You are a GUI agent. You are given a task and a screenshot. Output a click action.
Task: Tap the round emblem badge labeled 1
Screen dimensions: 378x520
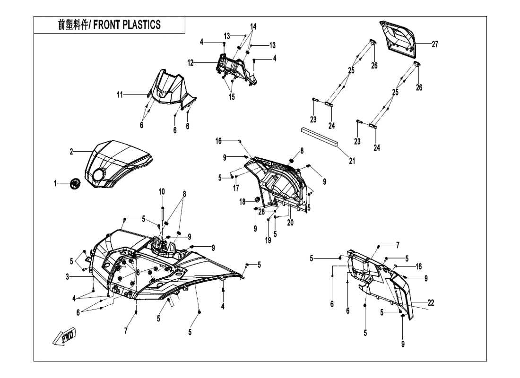(74, 183)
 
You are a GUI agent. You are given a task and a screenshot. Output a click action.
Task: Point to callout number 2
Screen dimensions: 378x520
(71, 152)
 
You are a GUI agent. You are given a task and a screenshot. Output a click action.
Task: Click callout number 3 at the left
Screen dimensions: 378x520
(68, 277)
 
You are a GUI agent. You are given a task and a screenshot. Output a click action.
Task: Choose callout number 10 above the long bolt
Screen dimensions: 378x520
(162, 192)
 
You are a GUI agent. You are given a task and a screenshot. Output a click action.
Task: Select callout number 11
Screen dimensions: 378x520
(121, 95)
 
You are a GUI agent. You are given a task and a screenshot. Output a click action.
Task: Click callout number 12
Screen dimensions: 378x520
(191, 63)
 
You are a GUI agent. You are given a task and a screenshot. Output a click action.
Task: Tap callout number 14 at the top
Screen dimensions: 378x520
(253, 26)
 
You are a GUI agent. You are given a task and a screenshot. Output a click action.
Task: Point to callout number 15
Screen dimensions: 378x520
(232, 97)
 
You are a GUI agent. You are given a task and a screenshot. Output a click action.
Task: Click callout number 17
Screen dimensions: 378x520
(235, 188)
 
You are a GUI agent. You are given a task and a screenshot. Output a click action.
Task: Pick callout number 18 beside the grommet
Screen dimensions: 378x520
(242, 201)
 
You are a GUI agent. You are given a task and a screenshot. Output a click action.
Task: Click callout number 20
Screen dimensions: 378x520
(290, 223)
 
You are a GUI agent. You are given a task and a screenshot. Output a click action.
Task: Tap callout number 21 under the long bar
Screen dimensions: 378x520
(352, 161)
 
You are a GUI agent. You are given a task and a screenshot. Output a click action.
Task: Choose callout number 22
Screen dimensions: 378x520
(431, 303)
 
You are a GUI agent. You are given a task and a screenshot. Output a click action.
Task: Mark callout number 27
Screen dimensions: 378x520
(434, 44)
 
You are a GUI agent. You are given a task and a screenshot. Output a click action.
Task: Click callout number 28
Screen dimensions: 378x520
(261, 212)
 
